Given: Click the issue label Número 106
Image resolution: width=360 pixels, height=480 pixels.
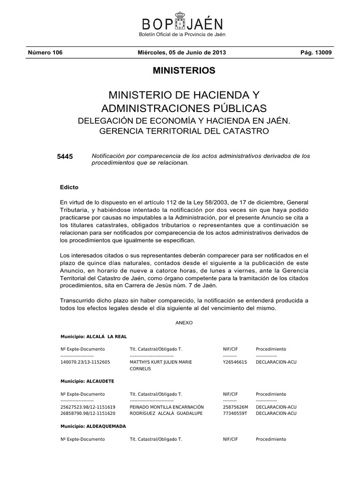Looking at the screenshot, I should (45, 52).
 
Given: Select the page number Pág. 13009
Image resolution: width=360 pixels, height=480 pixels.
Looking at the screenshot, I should (316, 52).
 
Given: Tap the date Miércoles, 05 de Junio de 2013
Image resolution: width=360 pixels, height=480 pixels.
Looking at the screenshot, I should (180, 52).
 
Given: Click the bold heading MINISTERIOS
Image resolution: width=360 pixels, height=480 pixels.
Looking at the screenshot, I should (184, 71).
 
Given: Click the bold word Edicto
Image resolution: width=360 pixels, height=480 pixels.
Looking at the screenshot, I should (69, 187).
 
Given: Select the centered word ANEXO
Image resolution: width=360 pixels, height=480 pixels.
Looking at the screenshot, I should (184, 323).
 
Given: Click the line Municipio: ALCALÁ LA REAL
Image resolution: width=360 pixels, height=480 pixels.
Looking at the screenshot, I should (94, 337).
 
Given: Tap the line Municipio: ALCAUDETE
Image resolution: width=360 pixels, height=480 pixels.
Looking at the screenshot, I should (88, 382).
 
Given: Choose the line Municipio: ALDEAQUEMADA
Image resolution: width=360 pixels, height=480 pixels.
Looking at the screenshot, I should (93, 427).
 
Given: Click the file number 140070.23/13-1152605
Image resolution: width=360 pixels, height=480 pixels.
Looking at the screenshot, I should (85, 362).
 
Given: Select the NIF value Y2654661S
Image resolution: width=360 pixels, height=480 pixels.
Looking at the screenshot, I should (235, 362).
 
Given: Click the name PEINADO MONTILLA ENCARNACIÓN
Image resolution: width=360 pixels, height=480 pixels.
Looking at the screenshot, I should (166, 407).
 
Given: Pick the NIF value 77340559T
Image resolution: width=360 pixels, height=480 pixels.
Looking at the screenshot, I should (235, 413).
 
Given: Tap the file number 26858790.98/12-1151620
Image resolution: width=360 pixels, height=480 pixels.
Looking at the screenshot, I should (88, 413).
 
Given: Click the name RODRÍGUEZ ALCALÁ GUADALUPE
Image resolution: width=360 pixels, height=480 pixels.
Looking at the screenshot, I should (166, 413).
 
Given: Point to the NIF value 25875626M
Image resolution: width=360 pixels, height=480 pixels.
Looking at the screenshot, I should (235, 407).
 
